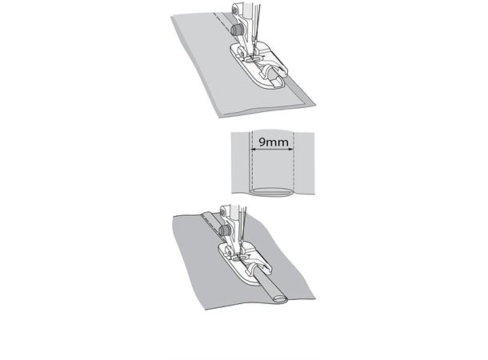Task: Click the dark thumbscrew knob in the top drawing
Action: click(237, 30)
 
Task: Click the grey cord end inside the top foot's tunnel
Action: click(274, 76)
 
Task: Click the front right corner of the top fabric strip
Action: click(315, 105)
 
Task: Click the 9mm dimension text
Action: click(274, 142)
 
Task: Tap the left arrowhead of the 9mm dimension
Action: click(253, 150)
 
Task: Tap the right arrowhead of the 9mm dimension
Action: click(292, 150)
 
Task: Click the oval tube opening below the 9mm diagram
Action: click(272, 192)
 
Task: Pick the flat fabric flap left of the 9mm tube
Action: click(240, 162)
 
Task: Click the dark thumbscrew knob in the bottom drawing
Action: click(224, 230)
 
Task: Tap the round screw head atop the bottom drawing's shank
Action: click(222, 213)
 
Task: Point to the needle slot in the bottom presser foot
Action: click(238, 258)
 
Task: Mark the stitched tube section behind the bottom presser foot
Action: click(212, 222)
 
